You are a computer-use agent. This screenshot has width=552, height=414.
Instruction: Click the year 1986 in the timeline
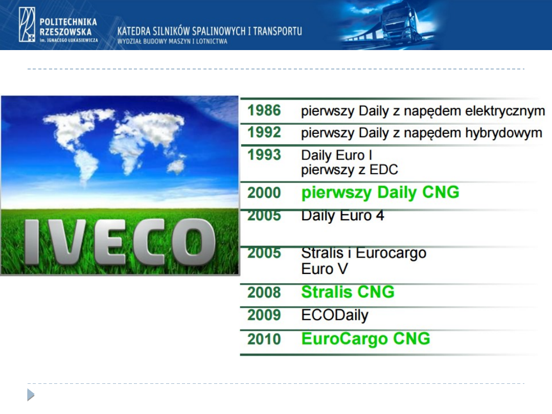[264, 110]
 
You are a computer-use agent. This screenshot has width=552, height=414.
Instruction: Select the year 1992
[264, 133]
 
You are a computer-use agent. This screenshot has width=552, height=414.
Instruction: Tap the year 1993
[264, 155]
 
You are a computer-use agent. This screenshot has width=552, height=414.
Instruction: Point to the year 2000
[264, 193]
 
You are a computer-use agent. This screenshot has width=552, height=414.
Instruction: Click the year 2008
[264, 292]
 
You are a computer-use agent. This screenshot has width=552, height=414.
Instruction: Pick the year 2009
[264, 315]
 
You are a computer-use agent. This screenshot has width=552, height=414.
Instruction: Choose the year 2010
[264, 339]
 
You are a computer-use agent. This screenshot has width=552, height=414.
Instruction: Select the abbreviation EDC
[383, 170]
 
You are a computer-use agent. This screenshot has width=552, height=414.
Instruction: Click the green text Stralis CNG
[348, 292]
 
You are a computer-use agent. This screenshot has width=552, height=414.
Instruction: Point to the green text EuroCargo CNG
[366, 339]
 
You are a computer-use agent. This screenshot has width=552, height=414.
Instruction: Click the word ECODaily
[335, 315]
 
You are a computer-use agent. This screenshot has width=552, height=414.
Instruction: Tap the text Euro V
[325, 269]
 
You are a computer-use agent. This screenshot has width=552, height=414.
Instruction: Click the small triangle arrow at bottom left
[31, 395]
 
